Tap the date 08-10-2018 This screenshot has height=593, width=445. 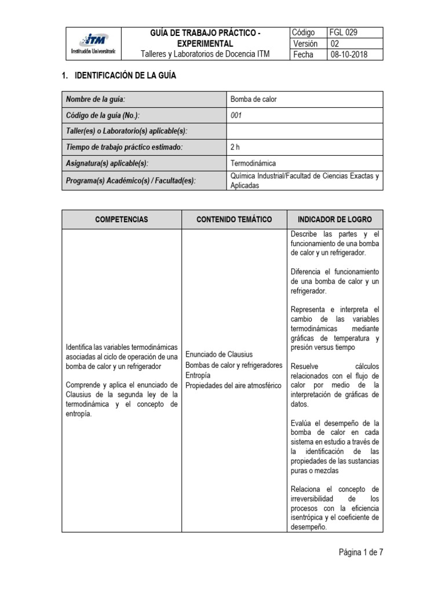coord(348,54)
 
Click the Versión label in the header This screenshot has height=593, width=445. coord(305,43)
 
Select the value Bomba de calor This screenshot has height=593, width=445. coord(254,99)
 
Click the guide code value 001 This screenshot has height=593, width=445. coord(236,115)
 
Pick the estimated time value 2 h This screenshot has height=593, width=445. coord(235,148)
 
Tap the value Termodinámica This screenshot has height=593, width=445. coord(254,164)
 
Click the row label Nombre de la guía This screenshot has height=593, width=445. coord(96,99)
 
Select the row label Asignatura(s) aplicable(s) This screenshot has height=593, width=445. coord(111,164)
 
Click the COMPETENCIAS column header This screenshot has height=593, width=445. coord(122,219)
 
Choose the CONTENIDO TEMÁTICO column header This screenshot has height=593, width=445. coord(235,219)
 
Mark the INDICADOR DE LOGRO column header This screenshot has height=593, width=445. coord(335,219)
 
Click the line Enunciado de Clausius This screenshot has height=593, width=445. coord(219,354)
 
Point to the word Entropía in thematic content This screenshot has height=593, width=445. coord(199,375)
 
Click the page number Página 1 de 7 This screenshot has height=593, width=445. coord(361,552)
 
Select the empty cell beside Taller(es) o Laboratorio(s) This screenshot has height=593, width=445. coord(305,131)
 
